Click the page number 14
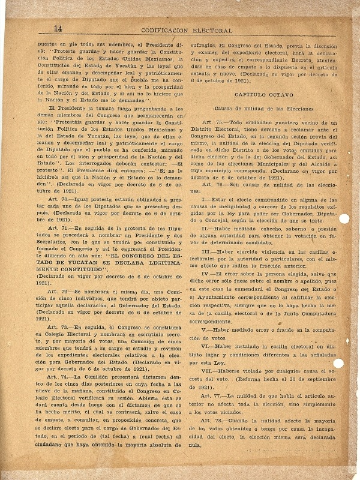tap(58, 28)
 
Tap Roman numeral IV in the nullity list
tap(205, 274)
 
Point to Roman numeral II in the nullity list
tap(204, 228)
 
